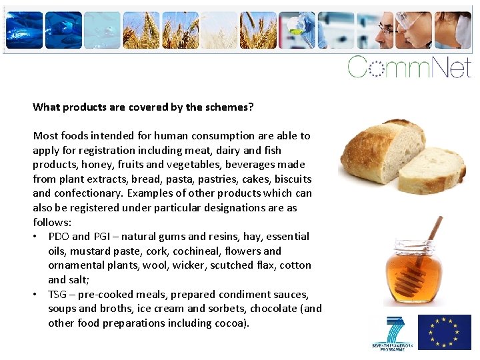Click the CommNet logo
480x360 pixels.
[409, 67]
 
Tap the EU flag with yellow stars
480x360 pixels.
[444, 331]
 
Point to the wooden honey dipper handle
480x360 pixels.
[434, 229]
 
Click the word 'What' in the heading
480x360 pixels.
[46, 107]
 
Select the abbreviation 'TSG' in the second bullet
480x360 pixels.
[57, 295]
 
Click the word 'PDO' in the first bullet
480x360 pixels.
[59, 237]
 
